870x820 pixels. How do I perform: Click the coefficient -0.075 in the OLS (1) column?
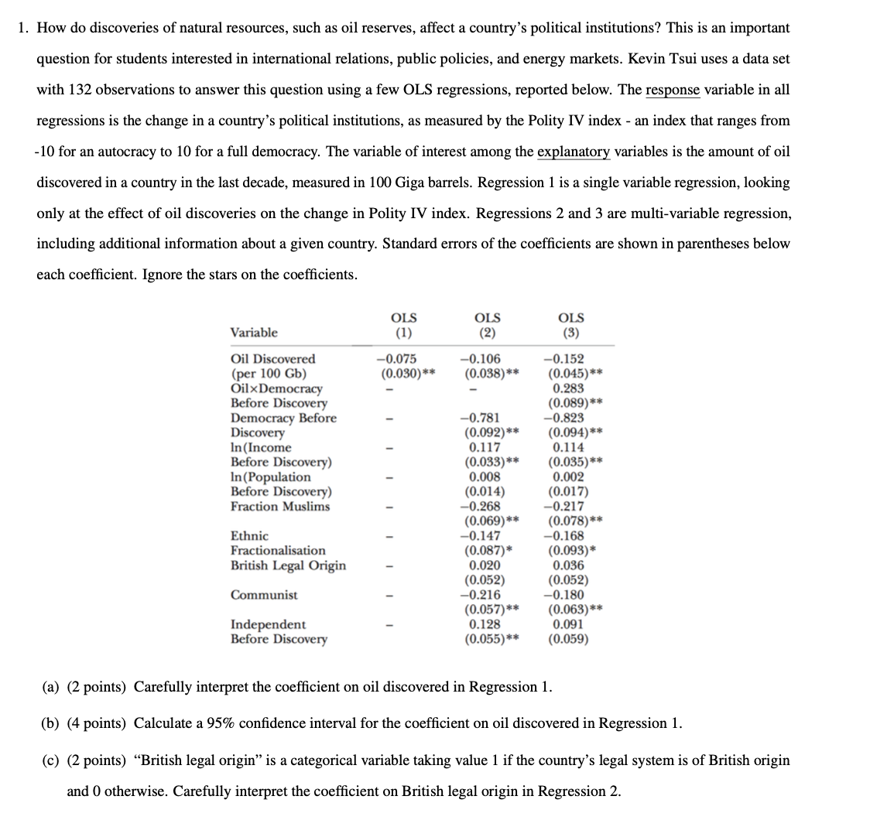point(396,359)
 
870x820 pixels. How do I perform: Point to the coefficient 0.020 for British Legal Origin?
point(485,565)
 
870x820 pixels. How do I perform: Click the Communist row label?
point(264,595)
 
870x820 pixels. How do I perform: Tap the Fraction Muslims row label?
point(280,507)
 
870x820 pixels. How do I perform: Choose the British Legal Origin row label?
point(288,565)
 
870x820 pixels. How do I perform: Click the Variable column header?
point(254,333)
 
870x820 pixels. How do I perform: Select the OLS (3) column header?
point(571,325)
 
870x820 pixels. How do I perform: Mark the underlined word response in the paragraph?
point(673,90)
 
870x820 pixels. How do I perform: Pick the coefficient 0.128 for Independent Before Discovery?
point(485,624)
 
